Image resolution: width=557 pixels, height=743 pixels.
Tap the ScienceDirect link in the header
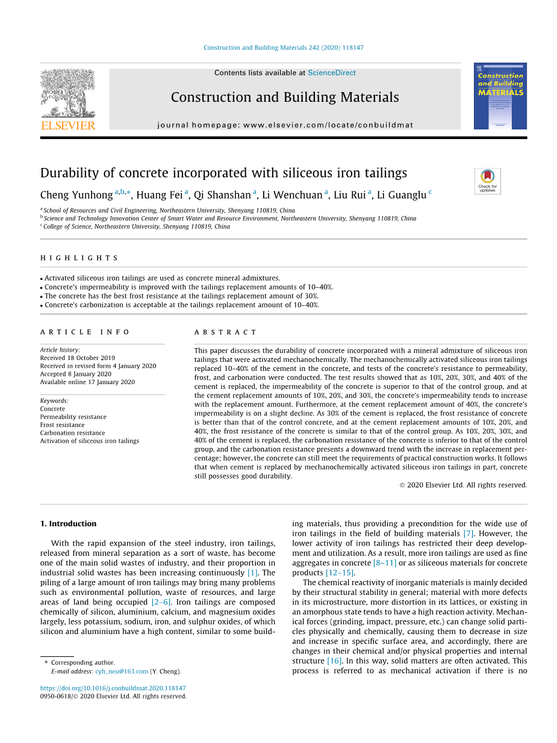(x=332, y=73)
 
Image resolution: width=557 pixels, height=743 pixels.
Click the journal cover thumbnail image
(x=500, y=96)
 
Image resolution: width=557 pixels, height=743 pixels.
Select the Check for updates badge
(x=487, y=181)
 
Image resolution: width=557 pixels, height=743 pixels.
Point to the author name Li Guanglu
(x=402, y=194)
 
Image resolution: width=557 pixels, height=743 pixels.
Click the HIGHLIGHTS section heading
(x=79, y=258)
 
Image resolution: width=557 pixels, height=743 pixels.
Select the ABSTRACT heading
(x=225, y=332)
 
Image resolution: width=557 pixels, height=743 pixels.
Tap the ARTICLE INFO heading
(x=85, y=332)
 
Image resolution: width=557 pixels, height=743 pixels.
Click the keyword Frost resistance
(x=62, y=425)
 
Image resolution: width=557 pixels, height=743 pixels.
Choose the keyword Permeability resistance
(x=73, y=417)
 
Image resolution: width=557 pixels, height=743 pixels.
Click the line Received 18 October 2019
(x=77, y=358)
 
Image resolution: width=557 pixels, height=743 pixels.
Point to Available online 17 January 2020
(x=87, y=382)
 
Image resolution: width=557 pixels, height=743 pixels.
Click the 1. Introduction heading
(x=68, y=524)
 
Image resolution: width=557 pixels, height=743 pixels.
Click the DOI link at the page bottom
(x=113, y=688)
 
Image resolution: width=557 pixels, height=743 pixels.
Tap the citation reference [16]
(x=334, y=661)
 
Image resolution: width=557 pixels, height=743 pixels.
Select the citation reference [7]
(x=468, y=533)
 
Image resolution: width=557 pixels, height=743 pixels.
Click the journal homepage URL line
(x=285, y=125)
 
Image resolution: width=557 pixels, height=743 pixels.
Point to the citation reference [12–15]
(x=340, y=573)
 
